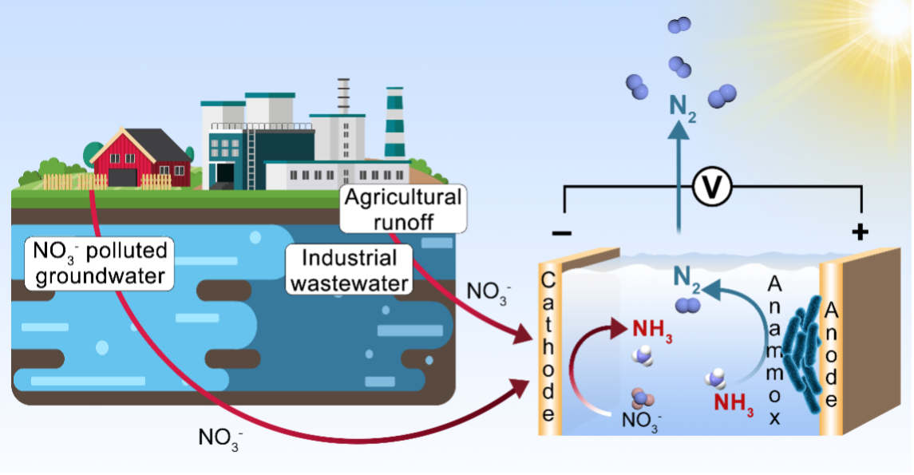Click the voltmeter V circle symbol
coord(706,187)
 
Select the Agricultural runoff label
coord(402,208)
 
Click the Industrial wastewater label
coord(350,270)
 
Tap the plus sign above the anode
coord(860,232)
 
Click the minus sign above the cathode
coord(561,232)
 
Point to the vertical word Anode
coord(831,354)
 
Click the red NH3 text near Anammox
coord(733,402)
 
